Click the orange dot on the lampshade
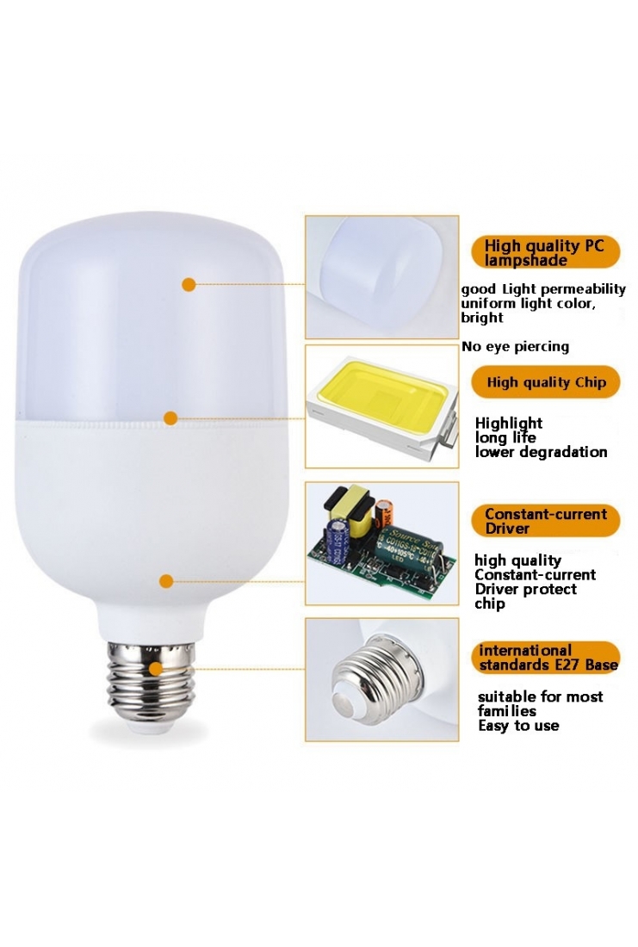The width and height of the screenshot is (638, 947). (x=189, y=284)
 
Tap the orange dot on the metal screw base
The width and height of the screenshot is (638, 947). (x=155, y=668)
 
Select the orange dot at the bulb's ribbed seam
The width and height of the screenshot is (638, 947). (x=170, y=418)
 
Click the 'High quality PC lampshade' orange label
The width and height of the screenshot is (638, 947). (x=545, y=252)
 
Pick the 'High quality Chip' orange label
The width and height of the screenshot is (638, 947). (x=546, y=382)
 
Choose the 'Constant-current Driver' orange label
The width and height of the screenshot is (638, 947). (x=546, y=521)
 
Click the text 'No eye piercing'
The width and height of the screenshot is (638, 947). (x=515, y=347)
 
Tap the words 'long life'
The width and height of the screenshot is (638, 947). (x=505, y=437)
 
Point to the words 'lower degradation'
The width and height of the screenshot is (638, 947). (x=541, y=452)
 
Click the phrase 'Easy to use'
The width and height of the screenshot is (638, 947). (x=518, y=726)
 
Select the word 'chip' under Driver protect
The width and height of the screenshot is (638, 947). (x=490, y=603)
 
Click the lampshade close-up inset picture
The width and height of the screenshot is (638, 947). (x=381, y=276)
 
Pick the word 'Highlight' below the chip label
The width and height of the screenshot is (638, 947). (x=509, y=423)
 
